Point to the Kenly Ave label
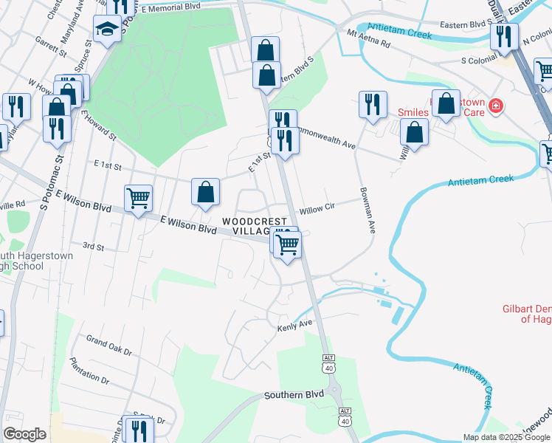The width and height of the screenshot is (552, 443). [295, 325]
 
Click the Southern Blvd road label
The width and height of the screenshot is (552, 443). [294, 395]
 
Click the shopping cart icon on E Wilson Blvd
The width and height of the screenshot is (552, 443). [138, 198]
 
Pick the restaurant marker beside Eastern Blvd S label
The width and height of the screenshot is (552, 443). [504, 36]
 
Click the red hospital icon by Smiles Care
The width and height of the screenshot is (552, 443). [495, 106]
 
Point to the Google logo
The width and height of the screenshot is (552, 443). [24, 434]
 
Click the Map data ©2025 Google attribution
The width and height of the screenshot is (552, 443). [506, 437]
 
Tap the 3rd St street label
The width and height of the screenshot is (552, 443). [93, 246]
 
